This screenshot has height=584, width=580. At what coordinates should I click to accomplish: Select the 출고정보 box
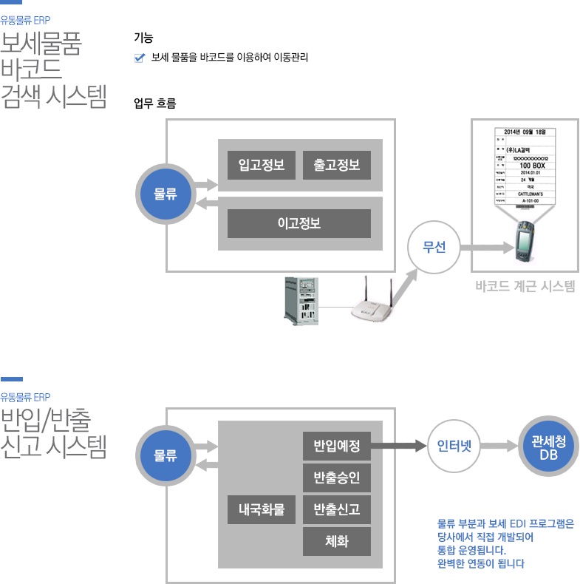pos(336,165)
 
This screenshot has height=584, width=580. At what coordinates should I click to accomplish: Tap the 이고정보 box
pos(298,223)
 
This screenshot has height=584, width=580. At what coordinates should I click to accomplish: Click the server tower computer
pos(302,300)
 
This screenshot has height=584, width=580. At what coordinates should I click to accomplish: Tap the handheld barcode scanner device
pos(527,245)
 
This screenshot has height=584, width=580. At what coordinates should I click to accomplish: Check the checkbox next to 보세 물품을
pos(139,58)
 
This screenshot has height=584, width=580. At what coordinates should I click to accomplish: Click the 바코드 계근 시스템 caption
pos(525,286)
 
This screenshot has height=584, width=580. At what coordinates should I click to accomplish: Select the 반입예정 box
pos(336,446)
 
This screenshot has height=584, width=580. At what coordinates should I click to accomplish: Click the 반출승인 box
pos(336,478)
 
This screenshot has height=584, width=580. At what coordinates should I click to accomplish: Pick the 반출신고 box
pos(336,509)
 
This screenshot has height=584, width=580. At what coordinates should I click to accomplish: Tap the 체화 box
pos(336,541)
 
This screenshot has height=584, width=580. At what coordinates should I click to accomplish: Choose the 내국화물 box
pos(261,509)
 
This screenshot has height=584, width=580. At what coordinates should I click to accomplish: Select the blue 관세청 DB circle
pos(548,447)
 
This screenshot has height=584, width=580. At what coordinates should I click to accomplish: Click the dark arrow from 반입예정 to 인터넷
pos(399,447)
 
